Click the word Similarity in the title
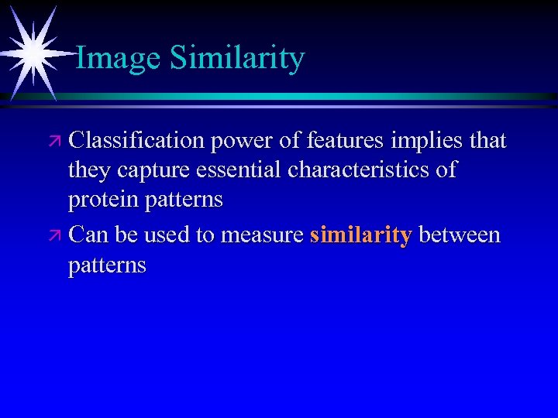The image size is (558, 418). click(236, 59)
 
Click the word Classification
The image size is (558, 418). click(136, 141)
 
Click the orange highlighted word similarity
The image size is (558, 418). click(360, 235)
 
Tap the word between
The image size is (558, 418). click(460, 234)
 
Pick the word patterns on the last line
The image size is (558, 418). click(107, 266)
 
